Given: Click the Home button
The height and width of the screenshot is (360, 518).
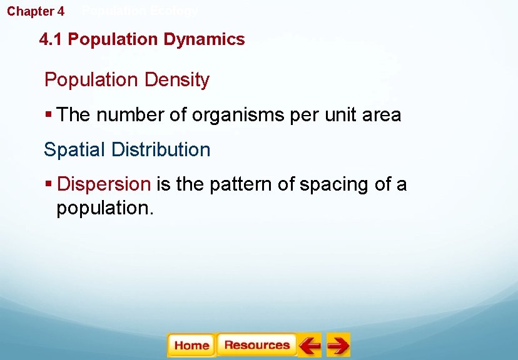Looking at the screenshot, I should [x=191, y=345].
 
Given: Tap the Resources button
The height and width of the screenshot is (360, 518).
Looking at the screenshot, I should [x=256, y=345].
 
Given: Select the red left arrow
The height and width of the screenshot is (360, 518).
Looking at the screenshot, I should [x=309, y=345].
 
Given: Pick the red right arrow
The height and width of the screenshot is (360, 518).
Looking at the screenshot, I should [x=338, y=345].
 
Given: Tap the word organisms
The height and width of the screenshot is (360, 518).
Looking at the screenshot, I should [x=221, y=116].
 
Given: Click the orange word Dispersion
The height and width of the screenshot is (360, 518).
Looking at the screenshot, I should [x=104, y=185].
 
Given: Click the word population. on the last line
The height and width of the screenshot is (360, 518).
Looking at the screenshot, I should [x=104, y=208].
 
